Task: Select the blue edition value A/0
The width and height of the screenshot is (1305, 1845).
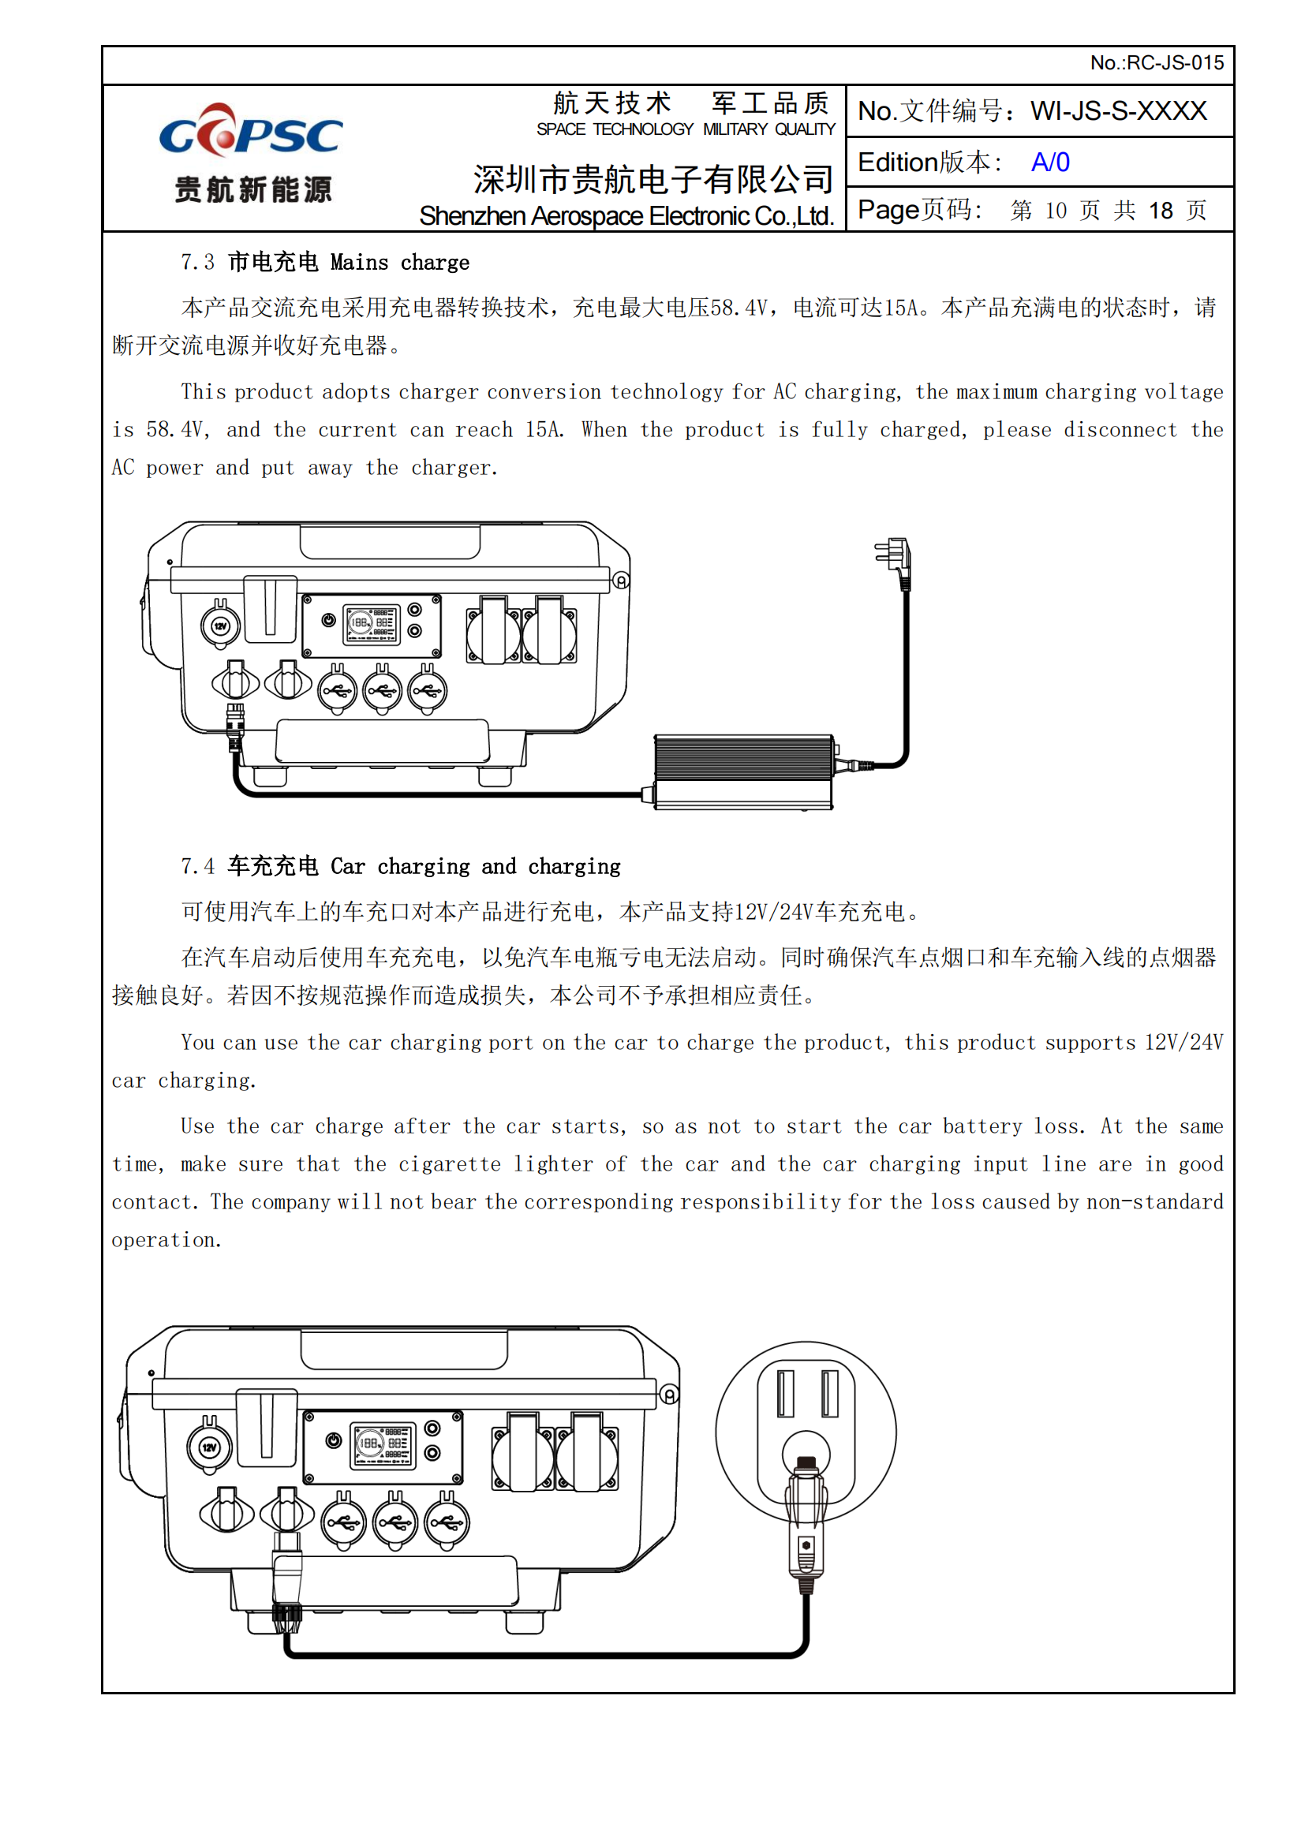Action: (1049, 162)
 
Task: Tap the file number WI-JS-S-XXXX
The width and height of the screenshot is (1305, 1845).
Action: (1118, 111)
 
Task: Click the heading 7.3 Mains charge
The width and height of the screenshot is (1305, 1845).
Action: (324, 263)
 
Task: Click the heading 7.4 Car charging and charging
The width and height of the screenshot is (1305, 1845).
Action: (400, 866)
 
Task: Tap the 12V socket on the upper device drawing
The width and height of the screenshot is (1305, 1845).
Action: (220, 626)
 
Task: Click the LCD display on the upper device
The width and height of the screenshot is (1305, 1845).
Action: (372, 623)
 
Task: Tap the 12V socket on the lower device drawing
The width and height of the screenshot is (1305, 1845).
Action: (209, 1448)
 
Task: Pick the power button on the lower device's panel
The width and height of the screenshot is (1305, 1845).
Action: (334, 1441)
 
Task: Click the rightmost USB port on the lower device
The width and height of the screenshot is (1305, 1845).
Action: (447, 1522)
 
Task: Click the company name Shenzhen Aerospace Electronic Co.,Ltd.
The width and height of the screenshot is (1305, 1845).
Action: (626, 216)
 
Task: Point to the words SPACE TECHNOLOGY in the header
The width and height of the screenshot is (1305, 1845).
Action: (615, 129)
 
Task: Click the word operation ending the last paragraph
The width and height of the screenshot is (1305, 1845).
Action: (165, 1240)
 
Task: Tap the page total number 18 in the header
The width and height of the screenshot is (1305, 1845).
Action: (1161, 211)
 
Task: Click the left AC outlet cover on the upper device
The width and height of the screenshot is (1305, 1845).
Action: (492, 631)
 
